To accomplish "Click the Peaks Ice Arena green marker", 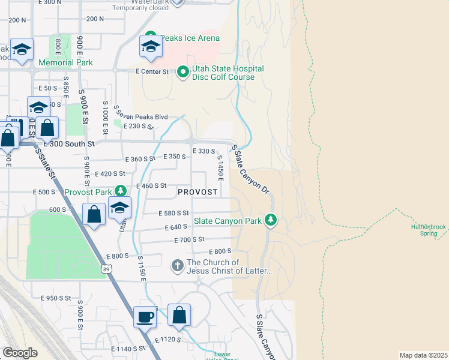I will (x=151, y=38).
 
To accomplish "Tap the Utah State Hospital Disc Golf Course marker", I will (x=183, y=73).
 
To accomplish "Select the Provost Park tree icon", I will (x=121, y=191).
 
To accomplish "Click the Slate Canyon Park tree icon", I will (x=271, y=220).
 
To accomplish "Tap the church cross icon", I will (x=177, y=265).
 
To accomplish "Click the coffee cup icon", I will (x=145, y=316).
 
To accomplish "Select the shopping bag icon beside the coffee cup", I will (x=179, y=316).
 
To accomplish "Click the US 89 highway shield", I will (x=106, y=269).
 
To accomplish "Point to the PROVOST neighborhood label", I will (x=197, y=191).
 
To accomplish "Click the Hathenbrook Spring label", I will (x=429, y=230).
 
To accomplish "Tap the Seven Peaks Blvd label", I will (x=140, y=117).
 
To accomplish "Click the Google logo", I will (x=20, y=353).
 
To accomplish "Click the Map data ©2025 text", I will (x=423, y=355).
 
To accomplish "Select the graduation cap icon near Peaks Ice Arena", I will (x=151, y=47).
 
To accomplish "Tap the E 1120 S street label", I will (x=173, y=340).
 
